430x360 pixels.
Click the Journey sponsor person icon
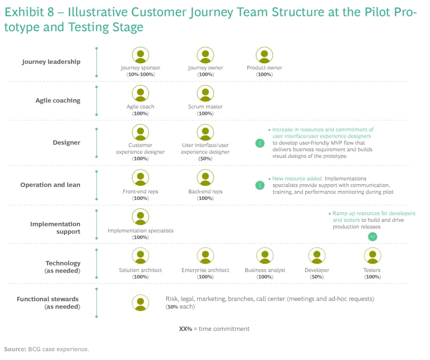point(141,55)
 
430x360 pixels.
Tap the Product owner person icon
point(264,55)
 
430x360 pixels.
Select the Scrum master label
point(205,106)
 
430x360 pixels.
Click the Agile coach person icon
point(141,93)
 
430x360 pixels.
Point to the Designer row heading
point(67,143)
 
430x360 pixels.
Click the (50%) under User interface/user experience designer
point(205,159)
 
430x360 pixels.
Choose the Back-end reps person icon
point(205,178)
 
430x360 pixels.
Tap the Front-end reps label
point(141,191)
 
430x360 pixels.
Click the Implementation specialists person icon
point(141,217)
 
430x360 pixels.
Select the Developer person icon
point(317,256)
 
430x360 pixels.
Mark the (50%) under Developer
point(317,277)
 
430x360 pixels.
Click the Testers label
point(372,270)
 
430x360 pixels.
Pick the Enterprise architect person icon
point(205,256)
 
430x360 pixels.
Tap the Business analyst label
point(265,270)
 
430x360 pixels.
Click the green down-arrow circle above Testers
point(373,237)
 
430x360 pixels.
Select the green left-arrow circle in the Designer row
point(260,143)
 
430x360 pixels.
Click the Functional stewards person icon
point(141,303)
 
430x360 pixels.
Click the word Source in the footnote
point(15,349)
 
